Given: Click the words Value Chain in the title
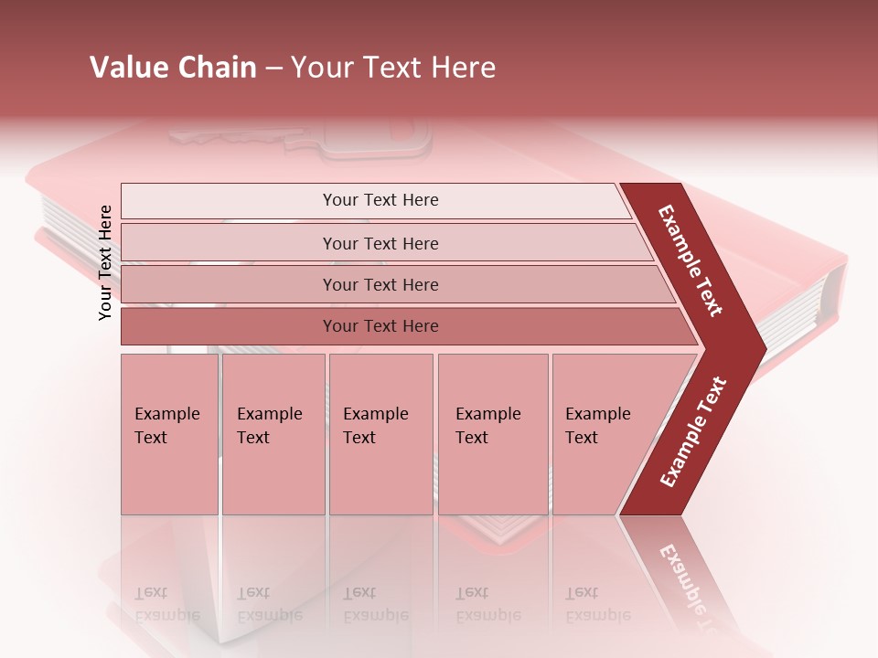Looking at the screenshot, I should coord(173,68).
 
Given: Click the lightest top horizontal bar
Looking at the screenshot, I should coord(229,201).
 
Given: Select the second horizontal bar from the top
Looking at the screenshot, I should coord(229,243).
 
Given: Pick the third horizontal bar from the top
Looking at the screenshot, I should coord(229,284).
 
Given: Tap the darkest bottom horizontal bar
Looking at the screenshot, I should coord(229,326).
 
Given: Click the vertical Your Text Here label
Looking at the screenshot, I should coord(106,262).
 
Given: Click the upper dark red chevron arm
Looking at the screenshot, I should coord(691,260).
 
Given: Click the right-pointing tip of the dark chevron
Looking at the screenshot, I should coord(757,348).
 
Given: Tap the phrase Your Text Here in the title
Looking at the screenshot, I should coord(393,68).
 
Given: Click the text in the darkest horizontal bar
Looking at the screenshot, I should coord(380,326).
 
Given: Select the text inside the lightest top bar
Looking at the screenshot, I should coord(380,200).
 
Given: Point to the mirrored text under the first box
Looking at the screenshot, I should coord(166,604).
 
